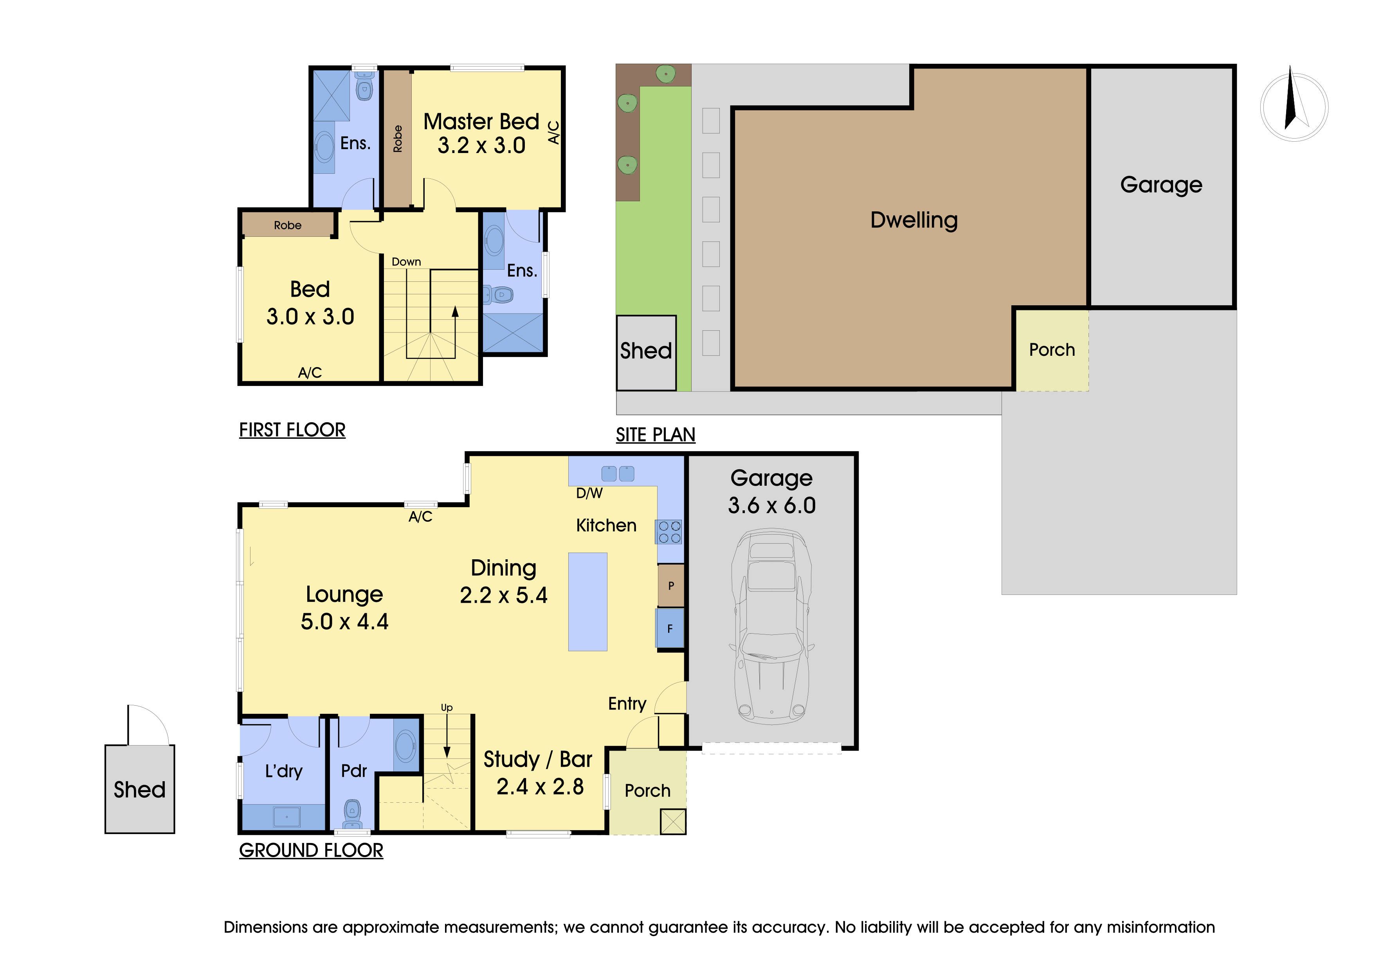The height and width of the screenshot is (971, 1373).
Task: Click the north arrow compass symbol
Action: [1294, 106]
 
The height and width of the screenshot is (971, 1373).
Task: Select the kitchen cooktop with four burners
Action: [669, 532]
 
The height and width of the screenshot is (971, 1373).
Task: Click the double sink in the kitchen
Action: [617, 474]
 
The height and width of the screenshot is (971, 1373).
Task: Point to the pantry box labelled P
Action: [671, 586]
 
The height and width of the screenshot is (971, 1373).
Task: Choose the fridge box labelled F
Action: [670, 629]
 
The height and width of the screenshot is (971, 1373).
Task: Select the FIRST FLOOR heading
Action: [292, 430]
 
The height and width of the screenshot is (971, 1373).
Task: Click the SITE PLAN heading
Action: [656, 435]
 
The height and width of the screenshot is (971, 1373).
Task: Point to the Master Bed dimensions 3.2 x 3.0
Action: [481, 145]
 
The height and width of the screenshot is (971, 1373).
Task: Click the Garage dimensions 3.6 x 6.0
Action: [771, 506]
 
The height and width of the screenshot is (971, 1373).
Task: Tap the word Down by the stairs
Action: [406, 262]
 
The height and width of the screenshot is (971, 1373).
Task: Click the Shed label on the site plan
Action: [646, 351]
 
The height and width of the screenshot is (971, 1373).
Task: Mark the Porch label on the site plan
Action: [1051, 350]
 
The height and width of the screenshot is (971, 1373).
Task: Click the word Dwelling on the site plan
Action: [913, 220]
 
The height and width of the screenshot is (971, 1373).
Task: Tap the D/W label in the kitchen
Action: [589, 493]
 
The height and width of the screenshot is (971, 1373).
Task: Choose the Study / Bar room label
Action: [538, 759]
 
